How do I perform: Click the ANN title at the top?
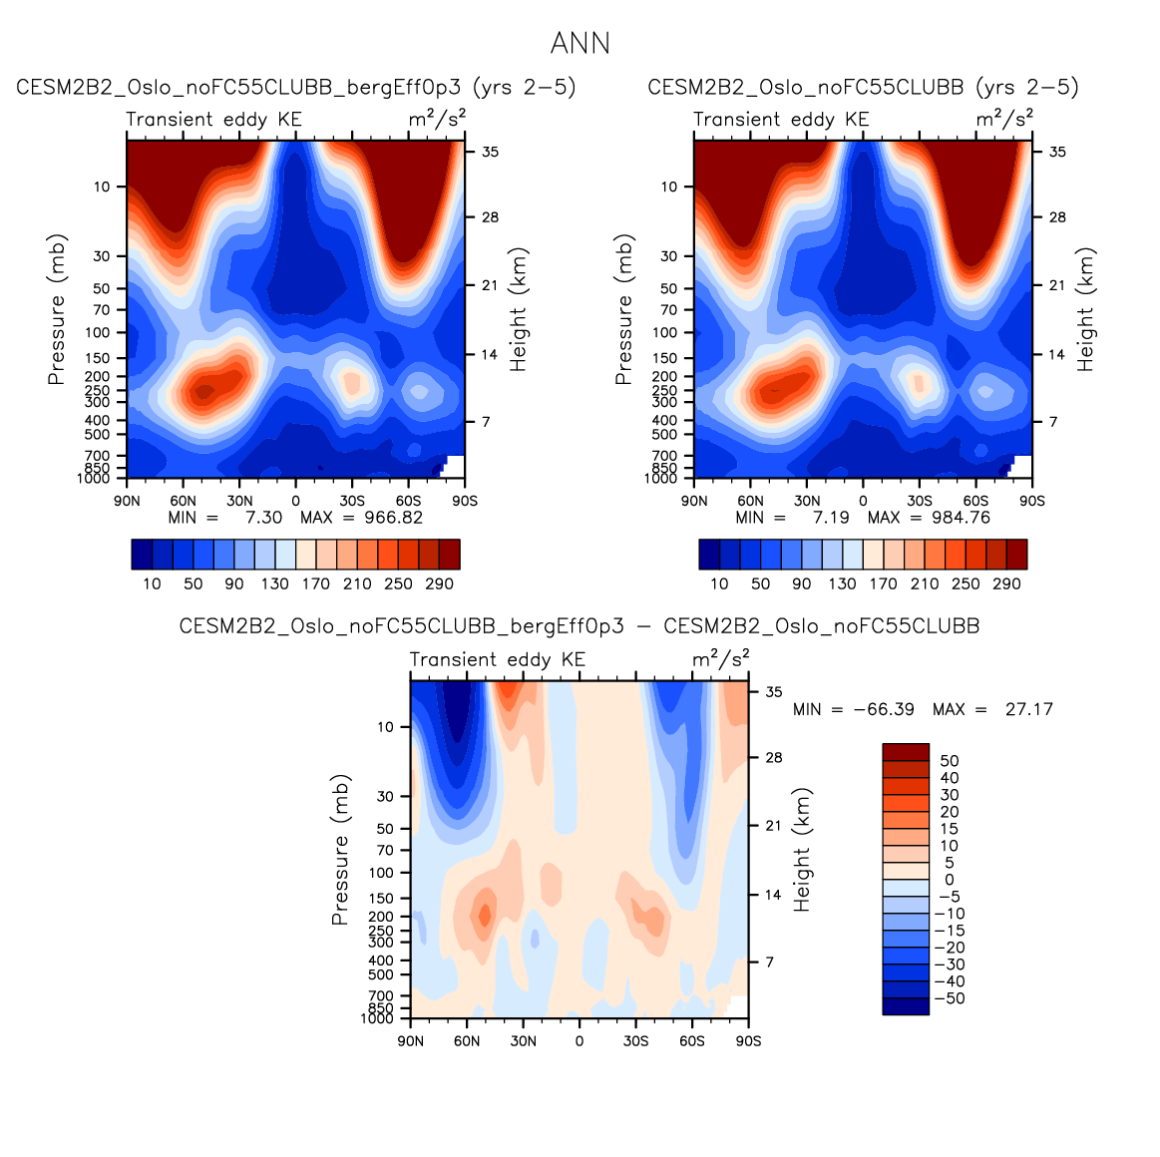click(x=580, y=44)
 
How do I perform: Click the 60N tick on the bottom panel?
click(x=467, y=1041)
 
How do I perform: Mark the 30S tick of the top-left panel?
click(x=352, y=501)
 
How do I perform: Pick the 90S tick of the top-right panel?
click(x=1032, y=501)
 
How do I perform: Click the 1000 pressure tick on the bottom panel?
click(x=378, y=1018)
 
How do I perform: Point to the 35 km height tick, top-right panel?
click(x=1057, y=152)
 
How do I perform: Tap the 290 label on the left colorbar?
click(x=439, y=584)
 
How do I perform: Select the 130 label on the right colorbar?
click(x=842, y=584)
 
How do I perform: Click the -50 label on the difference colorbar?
click(x=952, y=998)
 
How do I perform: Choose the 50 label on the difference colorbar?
click(x=949, y=761)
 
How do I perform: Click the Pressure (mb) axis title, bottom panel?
click(x=340, y=850)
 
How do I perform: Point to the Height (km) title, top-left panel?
click(x=518, y=310)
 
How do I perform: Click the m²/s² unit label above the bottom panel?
click(x=720, y=659)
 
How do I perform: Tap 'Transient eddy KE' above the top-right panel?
click(x=781, y=120)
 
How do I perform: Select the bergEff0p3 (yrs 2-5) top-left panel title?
click(x=296, y=88)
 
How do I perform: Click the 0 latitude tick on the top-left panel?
click(x=295, y=501)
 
